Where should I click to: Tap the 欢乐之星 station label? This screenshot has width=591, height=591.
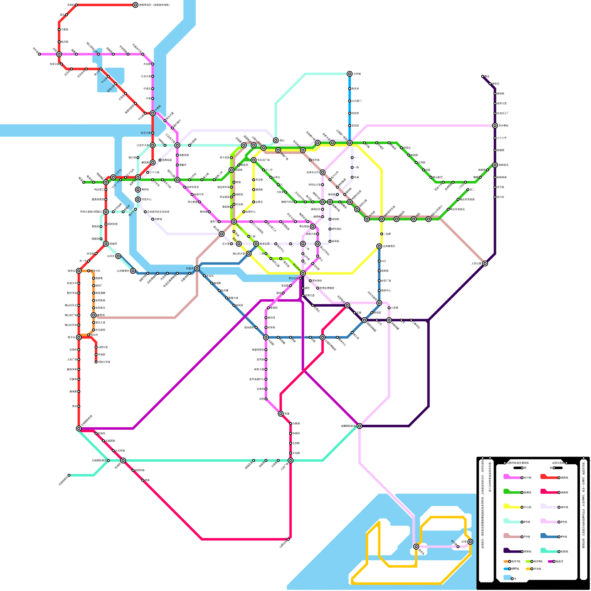(x=264, y=244)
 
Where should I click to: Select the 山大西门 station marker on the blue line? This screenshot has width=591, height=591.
(x=349, y=101)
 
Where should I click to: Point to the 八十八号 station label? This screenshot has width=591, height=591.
(x=502, y=138)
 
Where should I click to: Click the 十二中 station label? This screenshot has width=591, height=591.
(x=269, y=170)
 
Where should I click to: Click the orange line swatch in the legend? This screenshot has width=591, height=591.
(x=506, y=561)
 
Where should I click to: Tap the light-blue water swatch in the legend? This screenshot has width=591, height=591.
(x=507, y=577)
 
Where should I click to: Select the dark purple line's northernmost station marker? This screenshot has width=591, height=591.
(x=483, y=76)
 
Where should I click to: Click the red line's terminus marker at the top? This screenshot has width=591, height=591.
(x=136, y=5)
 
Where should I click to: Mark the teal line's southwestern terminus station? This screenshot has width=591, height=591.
(x=69, y=475)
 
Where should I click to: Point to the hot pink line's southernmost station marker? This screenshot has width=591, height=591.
(x=288, y=539)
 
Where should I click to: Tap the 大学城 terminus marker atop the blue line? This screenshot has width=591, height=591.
(x=349, y=74)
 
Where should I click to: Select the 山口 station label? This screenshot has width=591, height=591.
(x=383, y=261)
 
